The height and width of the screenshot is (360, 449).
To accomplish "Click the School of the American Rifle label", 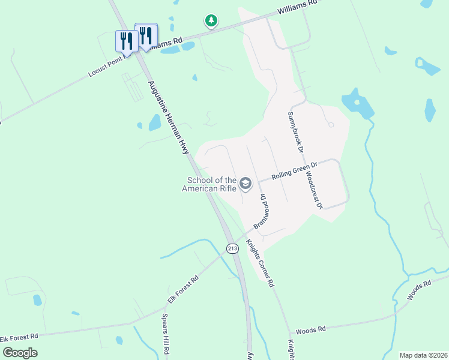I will [210, 184].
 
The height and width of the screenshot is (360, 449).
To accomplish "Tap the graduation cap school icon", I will [245, 183].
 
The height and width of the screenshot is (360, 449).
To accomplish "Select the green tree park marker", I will [211, 22].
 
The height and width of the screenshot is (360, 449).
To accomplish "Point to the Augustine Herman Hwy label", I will [168, 118].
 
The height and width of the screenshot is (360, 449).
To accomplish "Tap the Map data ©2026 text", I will [424, 355].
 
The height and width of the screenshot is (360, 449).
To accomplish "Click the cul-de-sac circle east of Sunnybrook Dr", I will [331, 125].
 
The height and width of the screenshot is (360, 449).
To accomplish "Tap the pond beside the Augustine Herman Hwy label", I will [155, 122].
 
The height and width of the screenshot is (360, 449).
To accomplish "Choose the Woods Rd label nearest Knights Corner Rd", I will [310, 329].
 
